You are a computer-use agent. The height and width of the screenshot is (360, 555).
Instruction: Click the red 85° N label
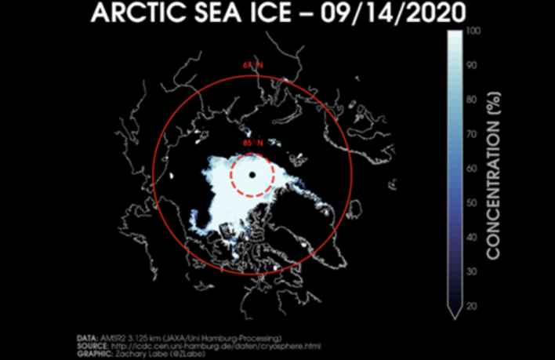[252, 144]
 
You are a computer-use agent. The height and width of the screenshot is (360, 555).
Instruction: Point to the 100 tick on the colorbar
[473, 31]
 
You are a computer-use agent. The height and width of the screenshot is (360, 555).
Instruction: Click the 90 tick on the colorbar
[471, 65]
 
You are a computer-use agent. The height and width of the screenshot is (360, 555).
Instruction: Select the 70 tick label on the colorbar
[471, 134]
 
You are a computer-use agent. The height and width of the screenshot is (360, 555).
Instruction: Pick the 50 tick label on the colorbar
[471, 202]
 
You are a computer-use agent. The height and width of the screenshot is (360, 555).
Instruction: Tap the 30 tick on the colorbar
[471, 271]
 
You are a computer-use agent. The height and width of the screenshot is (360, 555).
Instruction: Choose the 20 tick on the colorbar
[471, 306]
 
